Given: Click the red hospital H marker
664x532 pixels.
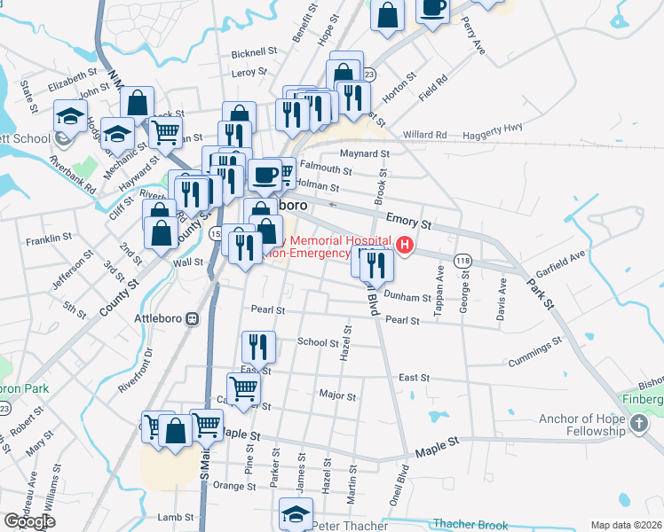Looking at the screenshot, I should coord(406,245).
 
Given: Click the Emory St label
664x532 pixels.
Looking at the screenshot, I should coord(409,221).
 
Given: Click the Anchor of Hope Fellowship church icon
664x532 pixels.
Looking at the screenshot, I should coord(639,426).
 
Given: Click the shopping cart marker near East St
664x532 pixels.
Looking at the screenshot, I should coord(243,387).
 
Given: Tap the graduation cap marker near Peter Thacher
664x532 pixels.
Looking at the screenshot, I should coord(296,513).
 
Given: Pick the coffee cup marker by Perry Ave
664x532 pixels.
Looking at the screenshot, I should coord(432,9).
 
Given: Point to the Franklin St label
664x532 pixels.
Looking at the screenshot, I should coord(49,239).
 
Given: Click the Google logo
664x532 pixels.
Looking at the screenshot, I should coord(29,521).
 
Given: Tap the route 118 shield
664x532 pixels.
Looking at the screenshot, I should coord(462,261).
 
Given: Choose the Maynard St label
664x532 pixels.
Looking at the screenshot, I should coord(365,153).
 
